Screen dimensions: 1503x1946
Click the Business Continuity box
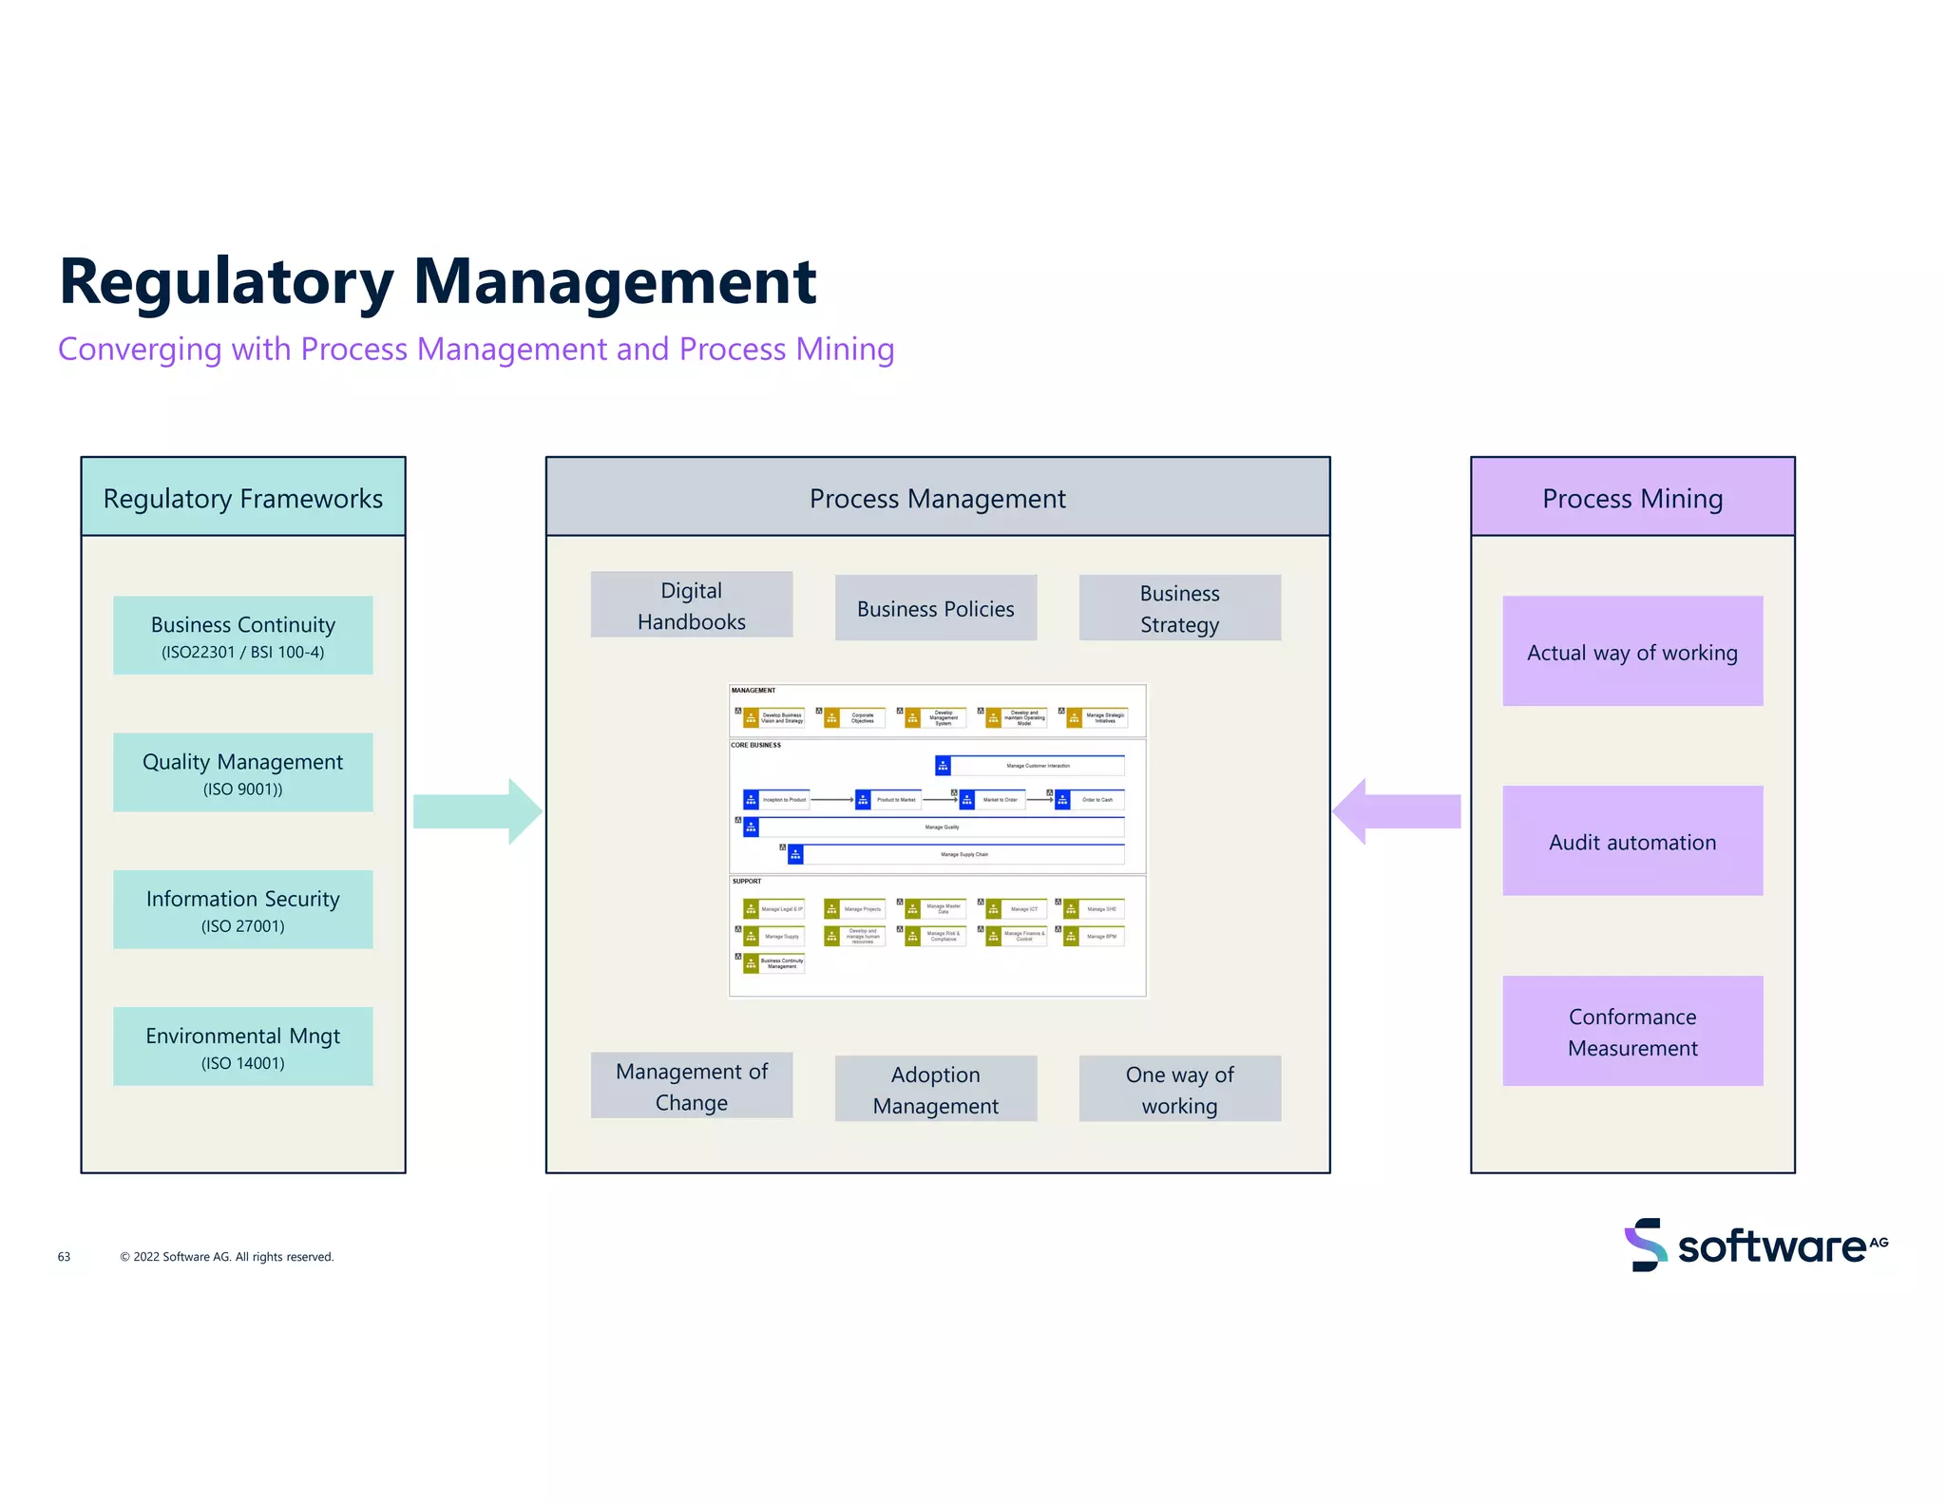coord(242,636)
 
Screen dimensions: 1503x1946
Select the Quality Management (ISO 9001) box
coord(242,772)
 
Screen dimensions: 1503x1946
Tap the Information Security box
coord(242,909)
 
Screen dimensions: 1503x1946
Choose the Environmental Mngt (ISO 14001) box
coord(242,1046)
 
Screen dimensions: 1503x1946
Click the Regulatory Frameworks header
coord(242,498)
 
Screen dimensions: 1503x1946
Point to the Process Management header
coord(937,498)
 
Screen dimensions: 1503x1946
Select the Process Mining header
coord(1631,498)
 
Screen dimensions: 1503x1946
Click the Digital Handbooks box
coord(691,605)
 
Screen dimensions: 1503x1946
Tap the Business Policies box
coord(935,608)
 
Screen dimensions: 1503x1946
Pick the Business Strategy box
coord(1179,608)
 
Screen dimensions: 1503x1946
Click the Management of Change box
coord(691,1086)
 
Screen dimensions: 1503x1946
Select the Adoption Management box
coord(935,1089)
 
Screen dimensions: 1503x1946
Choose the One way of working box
coord(1179,1089)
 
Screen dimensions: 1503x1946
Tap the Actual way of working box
coord(1631,652)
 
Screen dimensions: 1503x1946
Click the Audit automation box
coord(1631,841)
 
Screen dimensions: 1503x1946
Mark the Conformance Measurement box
coord(1631,1031)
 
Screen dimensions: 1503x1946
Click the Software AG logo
coord(1756,1245)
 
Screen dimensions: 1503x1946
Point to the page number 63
coord(64,1257)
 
